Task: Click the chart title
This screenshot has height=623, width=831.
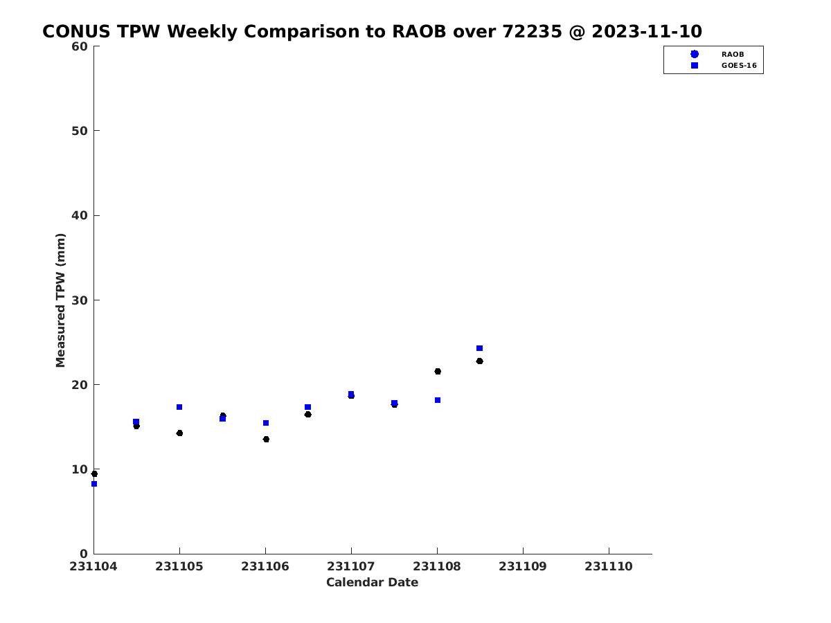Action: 372,31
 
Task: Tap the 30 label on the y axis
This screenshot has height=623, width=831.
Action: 80,300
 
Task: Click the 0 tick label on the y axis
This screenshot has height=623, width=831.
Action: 84,554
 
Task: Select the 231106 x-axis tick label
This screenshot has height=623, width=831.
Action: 265,566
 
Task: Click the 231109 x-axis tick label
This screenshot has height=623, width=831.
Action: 522,566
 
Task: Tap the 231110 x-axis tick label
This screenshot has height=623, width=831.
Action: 609,566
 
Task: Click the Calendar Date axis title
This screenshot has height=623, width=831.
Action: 372,582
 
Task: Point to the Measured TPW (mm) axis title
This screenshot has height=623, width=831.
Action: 60,300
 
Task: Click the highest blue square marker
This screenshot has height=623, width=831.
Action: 479,348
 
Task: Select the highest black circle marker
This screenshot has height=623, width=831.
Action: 479,361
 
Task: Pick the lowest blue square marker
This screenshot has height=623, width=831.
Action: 94,484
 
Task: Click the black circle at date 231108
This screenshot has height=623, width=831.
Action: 438,372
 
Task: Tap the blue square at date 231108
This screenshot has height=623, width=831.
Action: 438,400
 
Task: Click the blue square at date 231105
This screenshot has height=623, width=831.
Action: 179,407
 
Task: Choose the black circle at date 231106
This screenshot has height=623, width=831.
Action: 266,439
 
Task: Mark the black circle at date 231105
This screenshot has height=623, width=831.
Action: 179,433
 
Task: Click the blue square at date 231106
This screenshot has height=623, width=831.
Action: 266,423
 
